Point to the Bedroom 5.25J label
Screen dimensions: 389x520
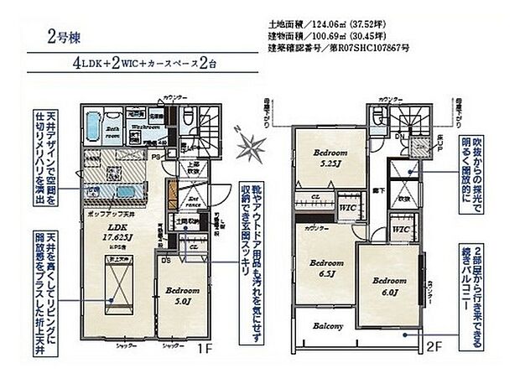tap(330, 158)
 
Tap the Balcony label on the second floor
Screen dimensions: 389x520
tap(329, 326)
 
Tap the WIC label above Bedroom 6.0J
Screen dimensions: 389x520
tap(400, 229)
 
